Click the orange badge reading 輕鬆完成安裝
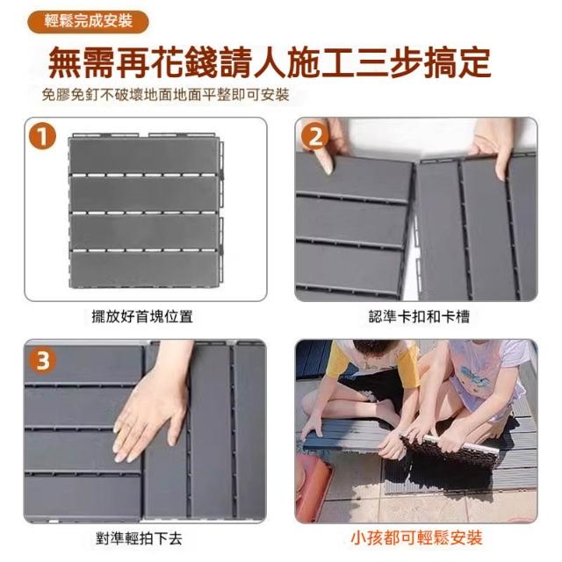point(88,21)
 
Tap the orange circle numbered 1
point(43,137)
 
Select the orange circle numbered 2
point(314,137)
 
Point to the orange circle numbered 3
point(43,360)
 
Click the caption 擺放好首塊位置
point(142,316)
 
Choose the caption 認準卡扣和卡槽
point(419,316)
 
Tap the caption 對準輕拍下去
point(140,538)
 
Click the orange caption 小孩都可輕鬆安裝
point(416,538)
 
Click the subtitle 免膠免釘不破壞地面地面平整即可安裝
point(166,96)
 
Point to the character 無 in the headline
point(66,61)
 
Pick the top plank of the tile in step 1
point(143,156)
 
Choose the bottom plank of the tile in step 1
point(143,269)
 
